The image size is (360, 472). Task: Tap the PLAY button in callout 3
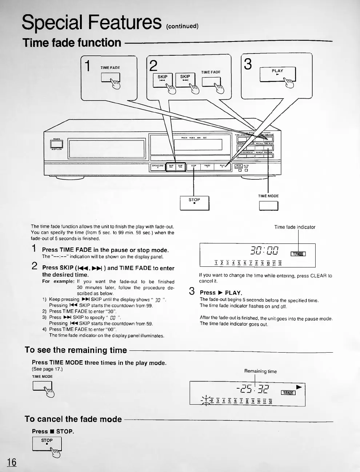click(x=277, y=75)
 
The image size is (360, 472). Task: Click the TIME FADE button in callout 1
click(x=111, y=78)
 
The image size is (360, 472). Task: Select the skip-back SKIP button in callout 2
click(x=162, y=80)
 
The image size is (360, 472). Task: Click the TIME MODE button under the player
click(x=268, y=206)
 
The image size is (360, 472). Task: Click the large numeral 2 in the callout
click(x=153, y=66)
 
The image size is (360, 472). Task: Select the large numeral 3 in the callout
click(x=248, y=64)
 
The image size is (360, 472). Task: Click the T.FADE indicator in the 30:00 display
click(x=298, y=254)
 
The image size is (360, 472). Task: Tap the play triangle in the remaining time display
click(x=299, y=386)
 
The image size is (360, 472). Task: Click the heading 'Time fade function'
click(x=72, y=43)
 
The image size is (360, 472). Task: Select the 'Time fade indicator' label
click(x=295, y=227)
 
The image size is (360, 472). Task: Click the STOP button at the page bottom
click(x=47, y=444)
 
